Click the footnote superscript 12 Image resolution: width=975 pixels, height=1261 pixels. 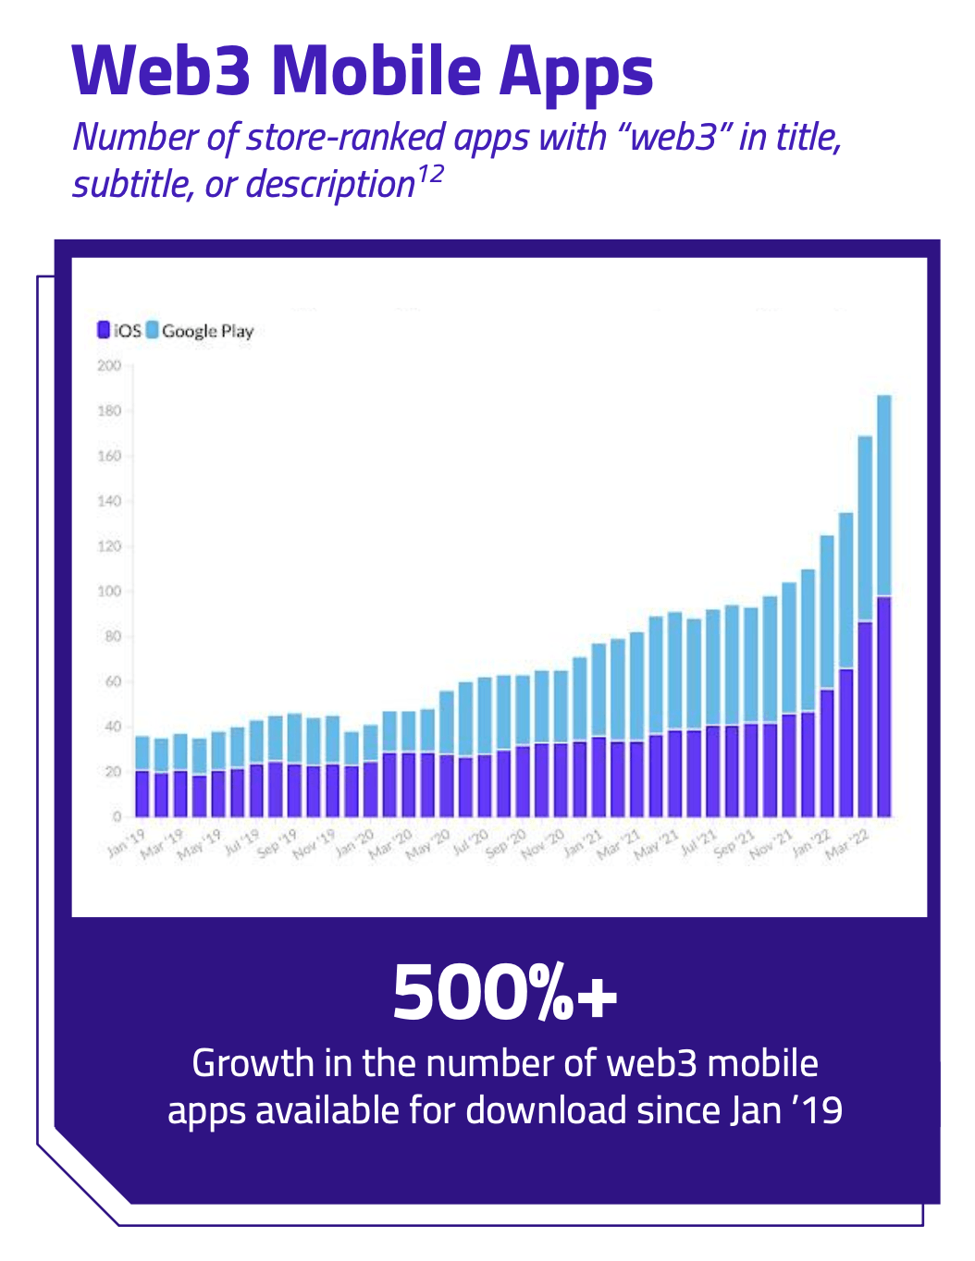tap(430, 174)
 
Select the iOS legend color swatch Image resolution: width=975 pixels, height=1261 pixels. tap(104, 330)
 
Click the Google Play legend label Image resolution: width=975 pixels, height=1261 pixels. tap(207, 331)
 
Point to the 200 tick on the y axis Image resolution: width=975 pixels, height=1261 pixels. tap(109, 366)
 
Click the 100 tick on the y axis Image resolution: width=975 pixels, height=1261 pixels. tap(109, 592)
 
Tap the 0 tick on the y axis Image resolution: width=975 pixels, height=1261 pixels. tap(117, 816)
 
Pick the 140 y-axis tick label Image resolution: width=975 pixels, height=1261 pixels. tap(109, 501)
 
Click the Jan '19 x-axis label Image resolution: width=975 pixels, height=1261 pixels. tap(127, 842)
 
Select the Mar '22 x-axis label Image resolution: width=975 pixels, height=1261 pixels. tap(848, 842)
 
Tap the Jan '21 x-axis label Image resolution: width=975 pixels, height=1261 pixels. tap(583, 842)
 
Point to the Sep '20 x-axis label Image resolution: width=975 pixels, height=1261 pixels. tap(506, 842)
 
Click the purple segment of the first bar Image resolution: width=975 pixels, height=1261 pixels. tap(142, 793)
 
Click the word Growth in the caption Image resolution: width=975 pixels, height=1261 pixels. tap(253, 1063)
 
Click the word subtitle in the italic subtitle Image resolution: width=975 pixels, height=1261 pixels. tap(130, 185)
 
